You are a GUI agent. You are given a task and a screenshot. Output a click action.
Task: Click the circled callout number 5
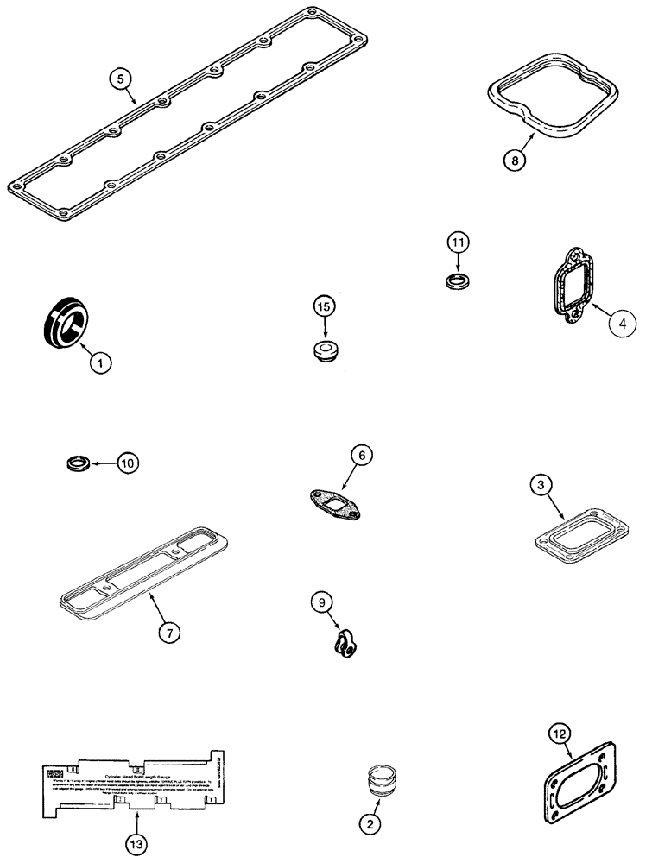click(x=123, y=79)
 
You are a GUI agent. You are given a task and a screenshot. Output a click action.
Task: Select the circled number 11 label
click(x=458, y=243)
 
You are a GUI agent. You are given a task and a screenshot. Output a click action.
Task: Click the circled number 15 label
click(x=323, y=306)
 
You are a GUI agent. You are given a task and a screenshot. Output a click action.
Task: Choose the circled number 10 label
click(x=127, y=463)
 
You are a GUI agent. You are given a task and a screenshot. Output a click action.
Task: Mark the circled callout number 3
click(x=539, y=488)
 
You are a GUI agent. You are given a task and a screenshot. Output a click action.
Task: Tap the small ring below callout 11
click(x=458, y=281)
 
